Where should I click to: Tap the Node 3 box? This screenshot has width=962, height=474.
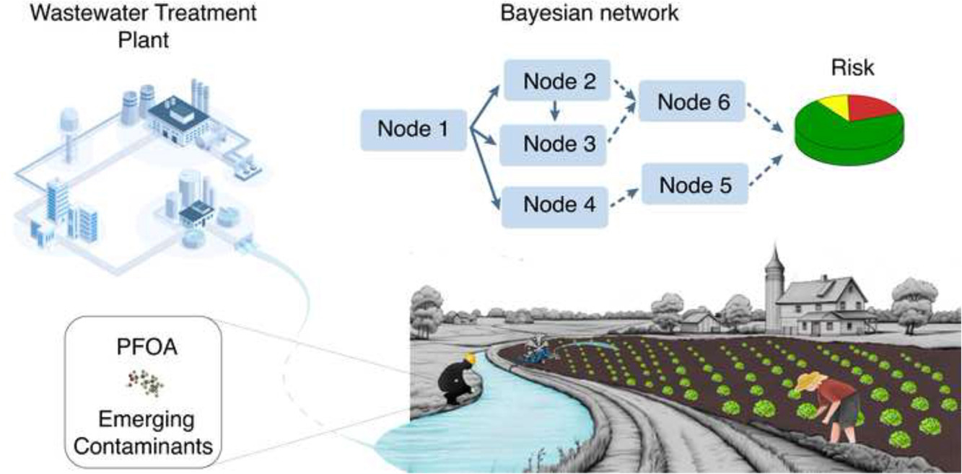[559, 144]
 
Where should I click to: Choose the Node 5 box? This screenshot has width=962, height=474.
[696, 185]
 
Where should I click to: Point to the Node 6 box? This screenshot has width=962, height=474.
[694, 103]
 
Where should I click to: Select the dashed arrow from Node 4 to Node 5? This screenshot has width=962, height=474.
[621, 198]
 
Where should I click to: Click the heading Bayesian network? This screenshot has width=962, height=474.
[590, 14]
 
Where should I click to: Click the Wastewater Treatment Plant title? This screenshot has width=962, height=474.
[142, 25]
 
